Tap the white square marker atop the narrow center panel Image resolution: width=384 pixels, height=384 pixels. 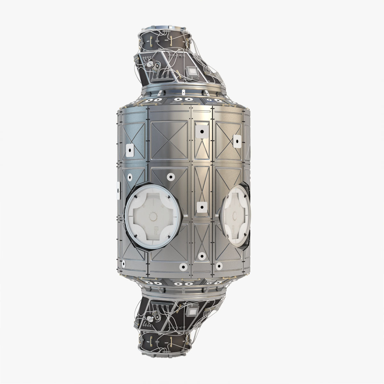pos(202,131)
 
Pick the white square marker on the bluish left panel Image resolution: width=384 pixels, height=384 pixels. pos(130,149)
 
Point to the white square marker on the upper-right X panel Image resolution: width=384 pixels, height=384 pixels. pos(237,141)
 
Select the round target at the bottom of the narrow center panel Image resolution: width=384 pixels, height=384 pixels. pos(202,256)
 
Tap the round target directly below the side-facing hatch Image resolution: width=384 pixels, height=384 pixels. pos(220,265)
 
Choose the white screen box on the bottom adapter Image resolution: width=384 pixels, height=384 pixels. pos(193,312)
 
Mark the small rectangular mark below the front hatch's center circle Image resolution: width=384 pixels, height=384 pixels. pos(155,228)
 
